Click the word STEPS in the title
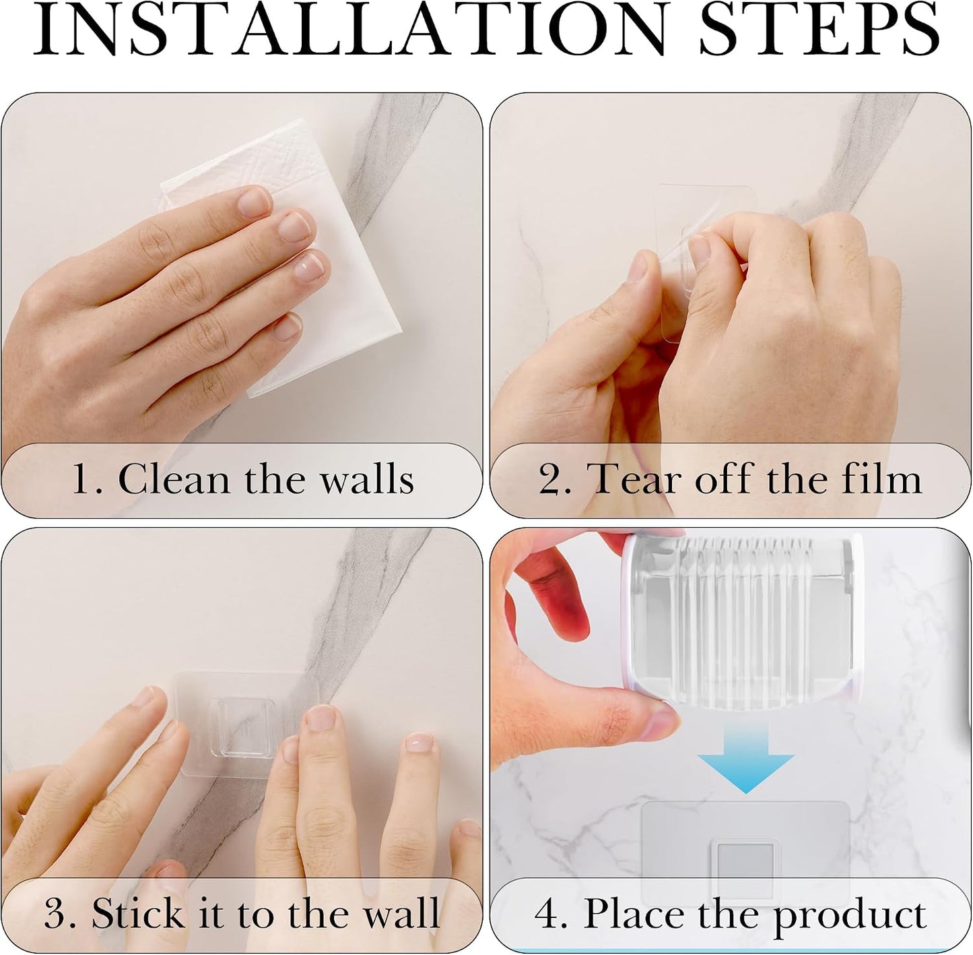tap(819, 30)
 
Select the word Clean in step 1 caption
tap(174, 479)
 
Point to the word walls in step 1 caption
tap(368, 479)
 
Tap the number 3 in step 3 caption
tap(55, 913)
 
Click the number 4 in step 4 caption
tap(546, 913)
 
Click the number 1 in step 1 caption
tap(81, 479)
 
